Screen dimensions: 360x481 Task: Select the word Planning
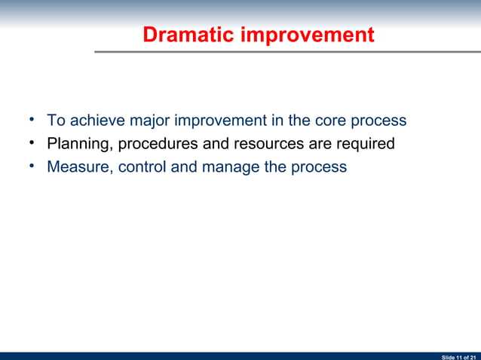78,144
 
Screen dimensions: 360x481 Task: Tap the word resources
257,144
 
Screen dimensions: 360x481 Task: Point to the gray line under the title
286,52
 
